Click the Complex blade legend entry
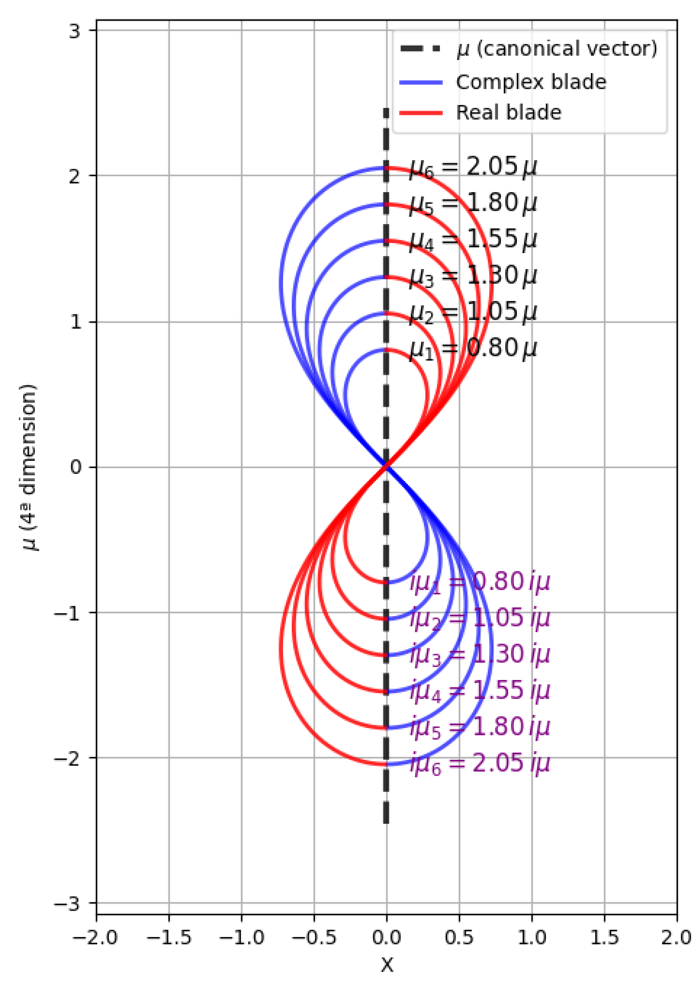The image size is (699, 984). click(x=531, y=82)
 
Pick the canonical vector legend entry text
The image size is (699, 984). click(x=557, y=49)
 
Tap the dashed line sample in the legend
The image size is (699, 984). click(x=421, y=49)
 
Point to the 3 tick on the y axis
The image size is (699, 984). click(x=75, y=31)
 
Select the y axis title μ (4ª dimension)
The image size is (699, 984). click(x=29, y=467)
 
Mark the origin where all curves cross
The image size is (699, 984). click(x=387, y=466)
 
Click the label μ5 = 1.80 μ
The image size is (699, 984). click(x=473, y=203)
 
